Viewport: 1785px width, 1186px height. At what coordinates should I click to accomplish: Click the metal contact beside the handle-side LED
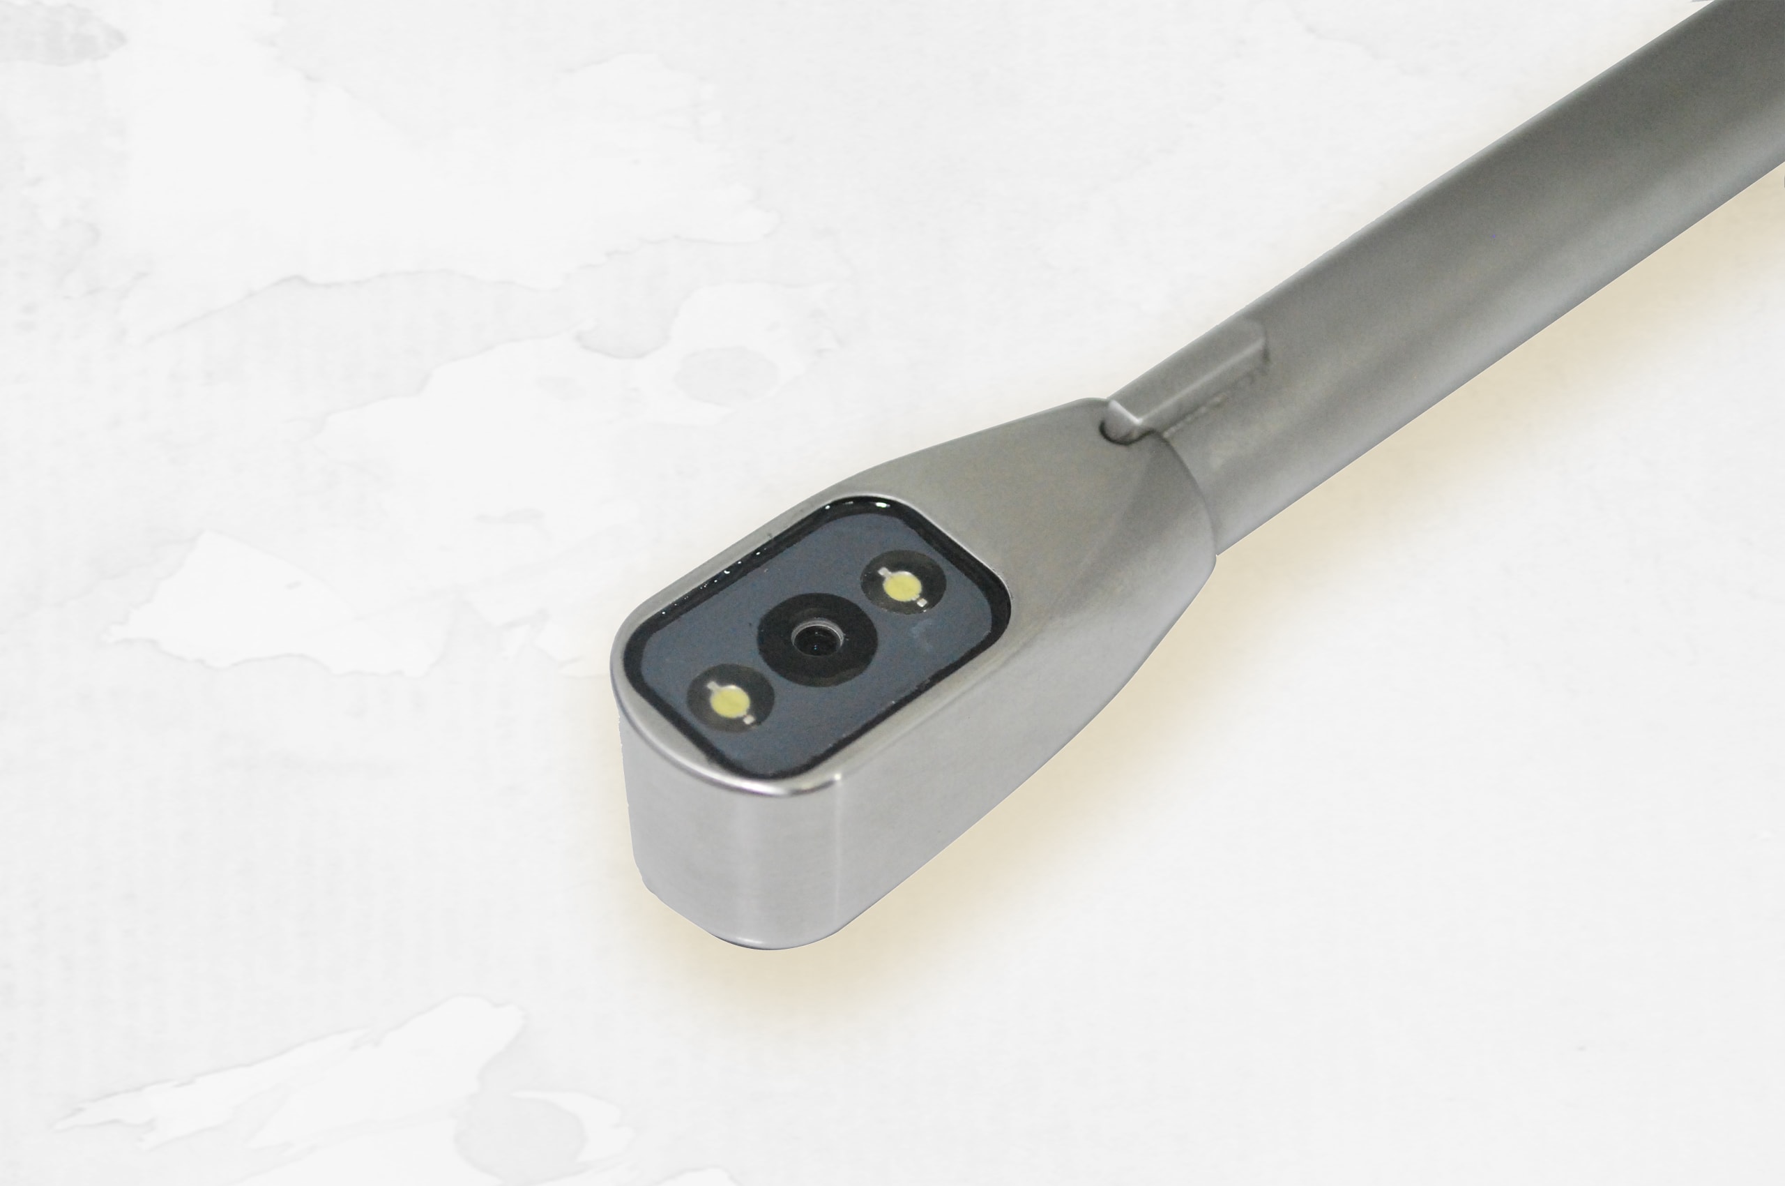[922, 601]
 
